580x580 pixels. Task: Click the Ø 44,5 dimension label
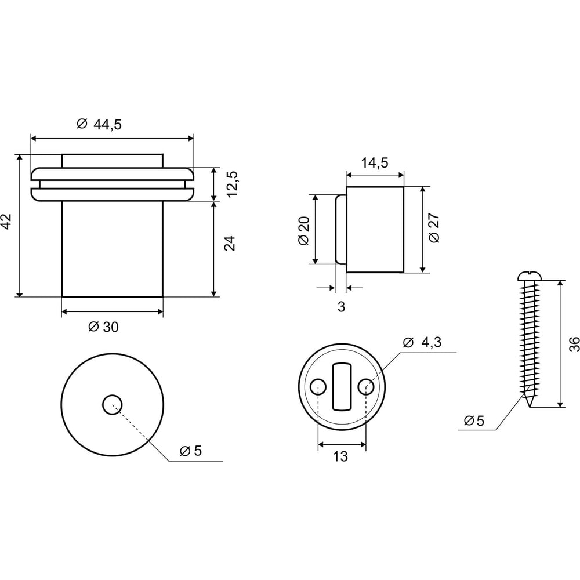[x=99, y=124]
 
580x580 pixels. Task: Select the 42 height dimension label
[x=7, y=222]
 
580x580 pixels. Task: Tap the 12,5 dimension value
[x=232, y=184]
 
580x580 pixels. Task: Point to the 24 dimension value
[x=230, y=244]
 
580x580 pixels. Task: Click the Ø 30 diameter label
[x=104, y=327]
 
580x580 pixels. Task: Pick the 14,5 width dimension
[x=375, y=163]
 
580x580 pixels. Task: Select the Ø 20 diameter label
[x=304, y=230]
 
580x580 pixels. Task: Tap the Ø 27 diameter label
[x=434, y=228]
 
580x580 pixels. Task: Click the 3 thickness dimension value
[x=341, y=307]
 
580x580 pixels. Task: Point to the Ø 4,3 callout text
[x=422, y=343]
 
